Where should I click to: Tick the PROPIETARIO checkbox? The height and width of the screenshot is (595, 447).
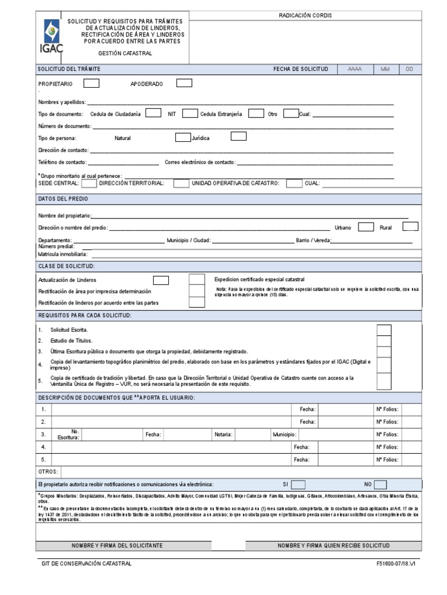pyautogui.click(x=91, y=83)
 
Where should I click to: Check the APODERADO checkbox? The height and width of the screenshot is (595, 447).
pyautogui.click(x=184, y=83)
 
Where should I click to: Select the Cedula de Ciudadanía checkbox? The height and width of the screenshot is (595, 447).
pyautogui.click(x=154, y=113)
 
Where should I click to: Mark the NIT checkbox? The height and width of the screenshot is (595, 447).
pyautogui.click(x=190, y=113)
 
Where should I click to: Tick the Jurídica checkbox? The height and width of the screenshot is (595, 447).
pyautogui.click(x=238, y=137)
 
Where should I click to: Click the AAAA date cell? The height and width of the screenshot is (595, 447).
pyautogui.click(x=354, y=69)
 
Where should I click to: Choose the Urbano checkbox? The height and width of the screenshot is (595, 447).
pyautogui.click(x=366, y=227)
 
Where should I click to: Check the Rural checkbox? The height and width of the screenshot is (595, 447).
pyautogui.click(x=410, y=227)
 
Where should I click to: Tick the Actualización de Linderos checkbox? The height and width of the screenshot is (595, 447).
pyautogui.click(x=161, y=281)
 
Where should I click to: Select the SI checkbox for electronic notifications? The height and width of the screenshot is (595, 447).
pyautogui.click(x=298, y=484)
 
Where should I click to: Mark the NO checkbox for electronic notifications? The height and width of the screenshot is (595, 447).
pyautogui.click(x=380, y=484)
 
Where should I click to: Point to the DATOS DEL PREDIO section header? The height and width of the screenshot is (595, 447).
pyautogui.click(x=63, y=199)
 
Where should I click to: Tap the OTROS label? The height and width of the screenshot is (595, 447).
pyautogui.click(x=48, y=472)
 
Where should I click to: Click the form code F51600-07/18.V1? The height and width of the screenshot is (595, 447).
pyautogui.click(x=397, y=564)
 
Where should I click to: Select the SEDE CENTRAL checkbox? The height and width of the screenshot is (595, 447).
pyautogui.click(x=89, y=184)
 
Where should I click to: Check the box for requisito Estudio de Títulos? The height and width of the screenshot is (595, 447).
pyautogui.click(x=384, y=341)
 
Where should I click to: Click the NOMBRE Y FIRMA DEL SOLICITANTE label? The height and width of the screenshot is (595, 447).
pyautogui.click(x=117, y=546)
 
